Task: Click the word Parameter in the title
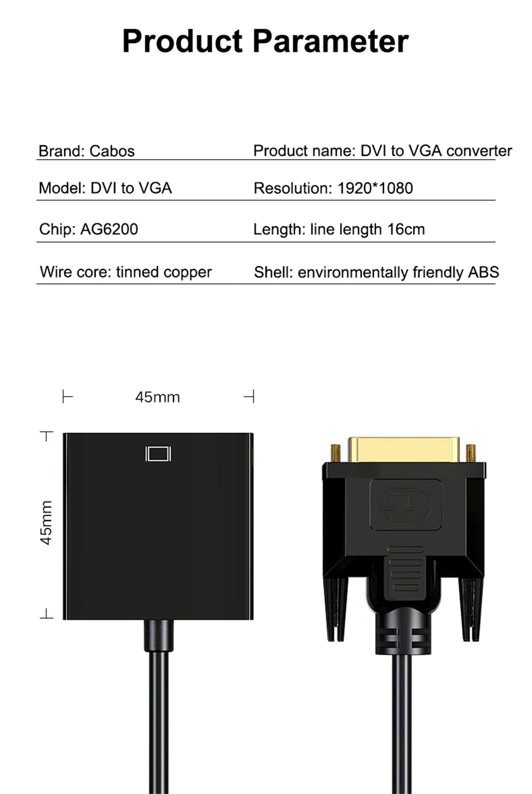click(x=331, y=42)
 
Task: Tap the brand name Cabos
click(x=112, y=151)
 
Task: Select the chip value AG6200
click(x=109, y=229)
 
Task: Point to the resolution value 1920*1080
click(x=375, y=188)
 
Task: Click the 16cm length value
click(x=406, y=229)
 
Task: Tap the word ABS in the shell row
click(x=483, y=272)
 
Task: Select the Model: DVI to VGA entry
click(x=105, y=188)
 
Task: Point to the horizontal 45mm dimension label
click(x=157, y=397)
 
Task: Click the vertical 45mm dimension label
click(x=47, y=523)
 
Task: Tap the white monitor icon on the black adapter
click(x=158, y=454)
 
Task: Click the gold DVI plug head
click(x=403, y=450)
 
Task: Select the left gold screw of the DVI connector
click(x=335, y=453)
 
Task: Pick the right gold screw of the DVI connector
click(x=471, y=453)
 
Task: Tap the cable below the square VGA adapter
click(x=158, y=721)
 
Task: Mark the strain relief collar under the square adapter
click(x=158, y=635)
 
